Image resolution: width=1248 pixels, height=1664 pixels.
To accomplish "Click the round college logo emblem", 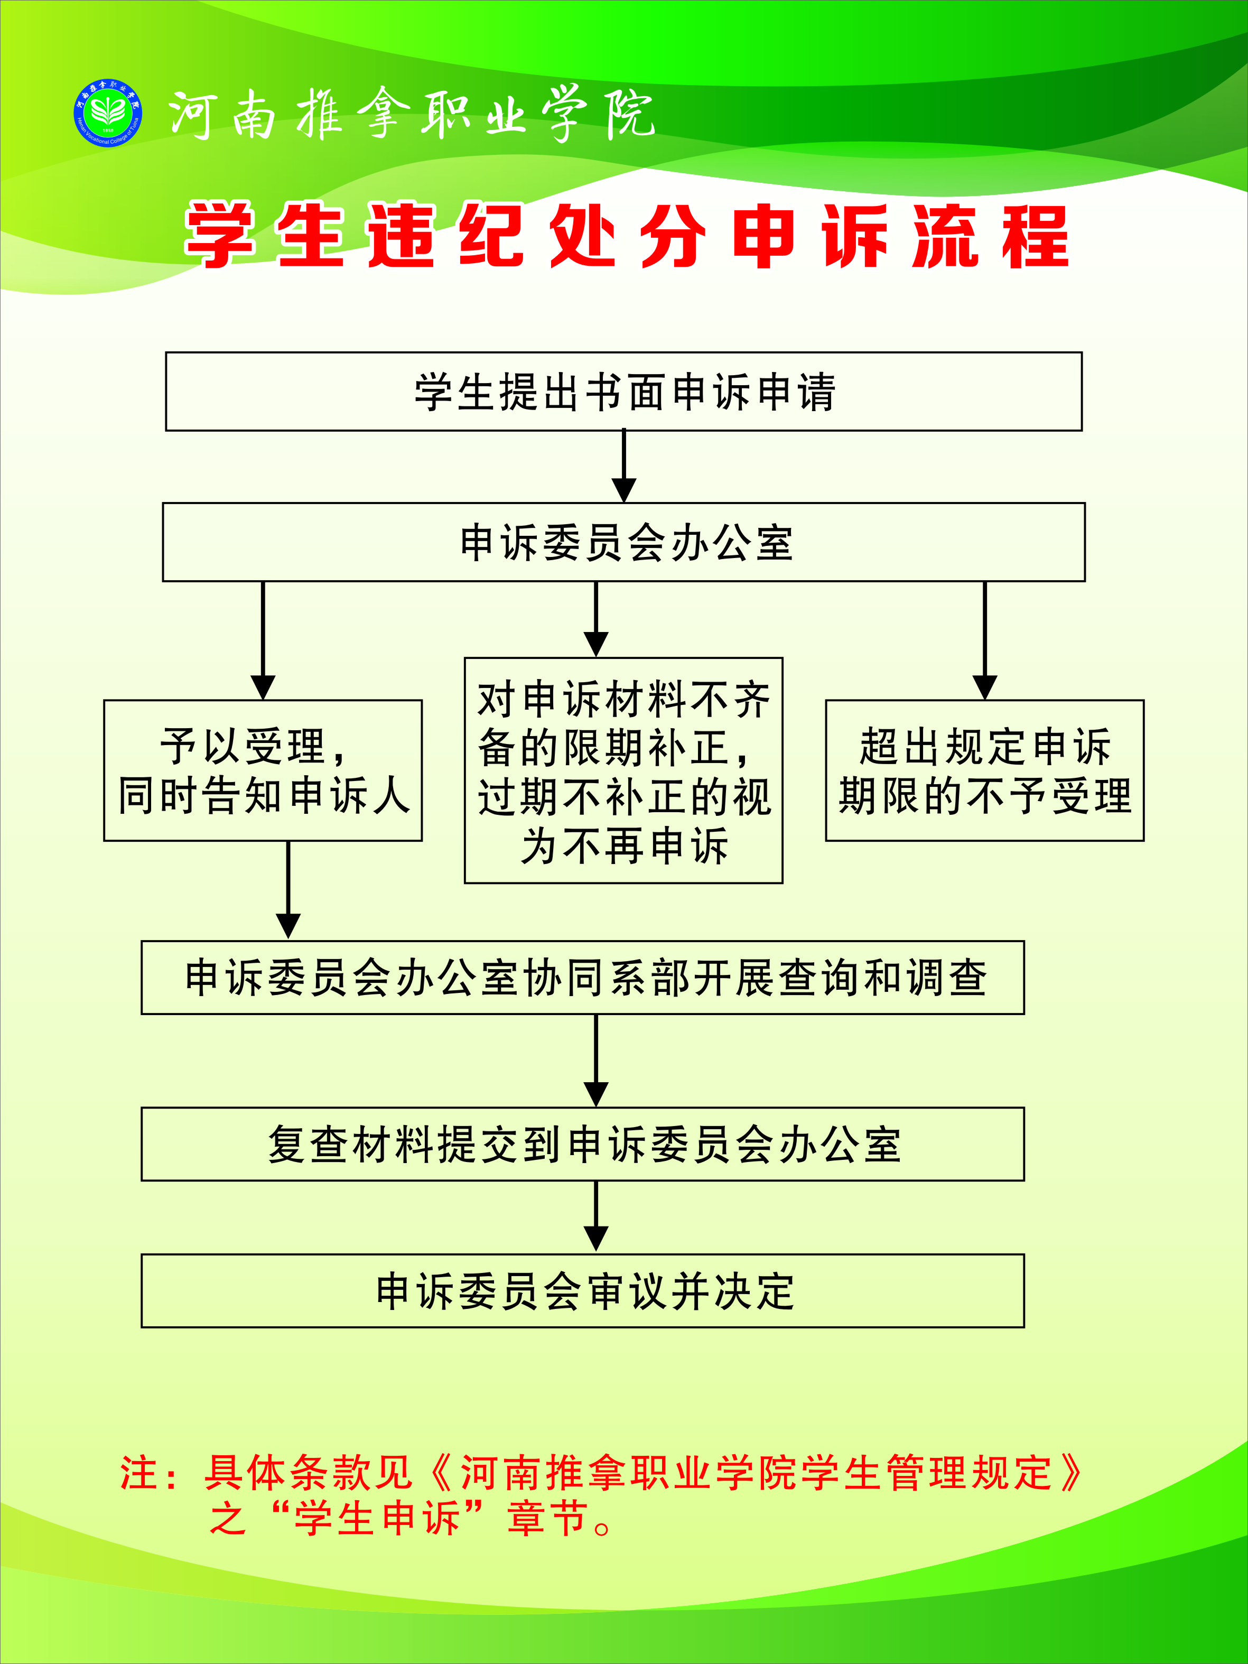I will coord(108,114).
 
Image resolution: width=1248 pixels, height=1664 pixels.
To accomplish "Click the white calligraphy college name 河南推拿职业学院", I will coord(410,114).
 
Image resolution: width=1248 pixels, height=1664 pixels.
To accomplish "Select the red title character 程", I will coord(1035,236).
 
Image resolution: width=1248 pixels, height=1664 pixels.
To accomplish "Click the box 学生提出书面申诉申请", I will coord(623,391).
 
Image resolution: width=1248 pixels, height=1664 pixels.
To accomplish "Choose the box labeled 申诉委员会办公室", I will coord(623,542).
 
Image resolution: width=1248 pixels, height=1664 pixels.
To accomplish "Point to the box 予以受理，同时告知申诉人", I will coord(263,770).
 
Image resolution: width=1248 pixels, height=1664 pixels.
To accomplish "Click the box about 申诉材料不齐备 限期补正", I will coord(623,770).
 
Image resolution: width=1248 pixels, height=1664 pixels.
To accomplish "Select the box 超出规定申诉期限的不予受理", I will coord(985,770).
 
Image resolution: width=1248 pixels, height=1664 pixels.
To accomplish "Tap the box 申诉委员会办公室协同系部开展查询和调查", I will coord(582,977).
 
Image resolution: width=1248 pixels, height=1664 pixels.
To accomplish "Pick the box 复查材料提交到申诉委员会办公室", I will coord(582,1144).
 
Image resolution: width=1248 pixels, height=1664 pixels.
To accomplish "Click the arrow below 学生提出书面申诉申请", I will coord(623,467).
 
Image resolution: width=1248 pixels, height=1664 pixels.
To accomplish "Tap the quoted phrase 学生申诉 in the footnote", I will coord(376,1517).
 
